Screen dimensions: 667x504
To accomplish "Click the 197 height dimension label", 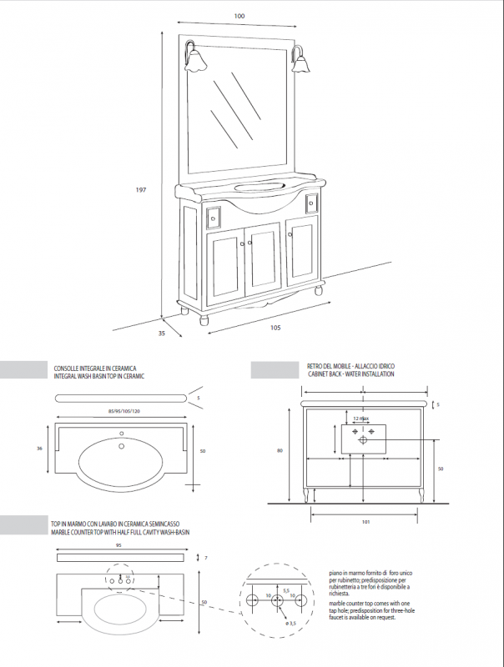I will pos(141,190).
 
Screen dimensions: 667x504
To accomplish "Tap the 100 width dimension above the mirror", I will pos(239,16).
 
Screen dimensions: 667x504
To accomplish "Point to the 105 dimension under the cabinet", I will pos(275,327).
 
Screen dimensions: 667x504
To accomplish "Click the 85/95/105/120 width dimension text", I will pos(125,411).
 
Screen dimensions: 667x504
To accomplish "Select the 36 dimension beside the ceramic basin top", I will pos(39,449).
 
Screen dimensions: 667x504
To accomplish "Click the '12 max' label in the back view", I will pos(361,418).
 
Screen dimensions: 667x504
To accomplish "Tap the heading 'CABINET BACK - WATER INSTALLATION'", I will pos(350,374).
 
